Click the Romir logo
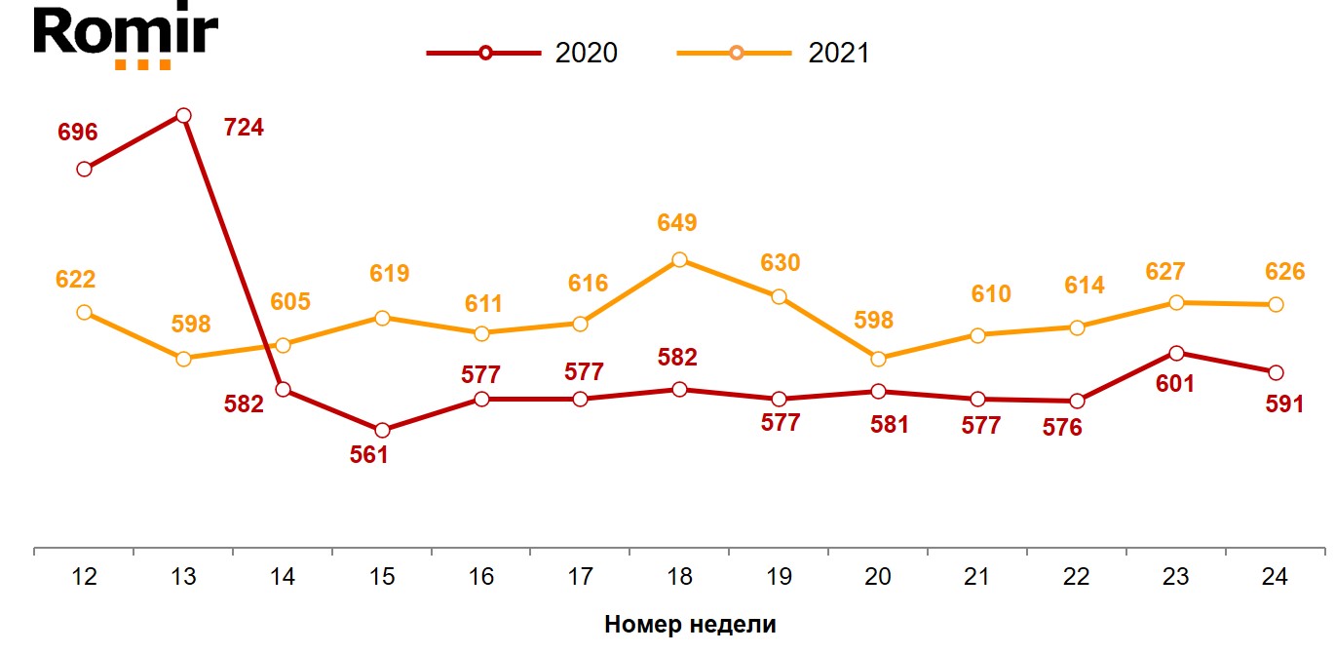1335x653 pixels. (126, 37)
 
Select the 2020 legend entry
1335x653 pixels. (522, 53)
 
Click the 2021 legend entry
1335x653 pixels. (774, 53)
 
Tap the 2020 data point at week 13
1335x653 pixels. (183, 116)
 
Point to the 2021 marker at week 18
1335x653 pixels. (679, 260)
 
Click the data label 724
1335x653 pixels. (244, 128)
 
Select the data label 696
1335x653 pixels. (78, 133)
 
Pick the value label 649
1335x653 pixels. (677, 223)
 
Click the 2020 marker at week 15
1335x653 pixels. (382, 430)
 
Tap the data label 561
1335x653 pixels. (369, 454)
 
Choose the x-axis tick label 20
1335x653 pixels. (878, 577)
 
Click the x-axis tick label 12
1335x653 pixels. (84, 577)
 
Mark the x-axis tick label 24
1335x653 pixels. (1275, 577)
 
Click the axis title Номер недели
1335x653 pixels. (690, 625)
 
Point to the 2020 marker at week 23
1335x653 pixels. (1176, 353)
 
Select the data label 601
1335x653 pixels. (1174, 384)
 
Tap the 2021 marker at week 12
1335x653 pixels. (84, 313)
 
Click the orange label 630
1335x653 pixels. (780, 263)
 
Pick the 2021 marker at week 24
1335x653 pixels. (1275, 305)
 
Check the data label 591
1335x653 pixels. (1284, 403)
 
